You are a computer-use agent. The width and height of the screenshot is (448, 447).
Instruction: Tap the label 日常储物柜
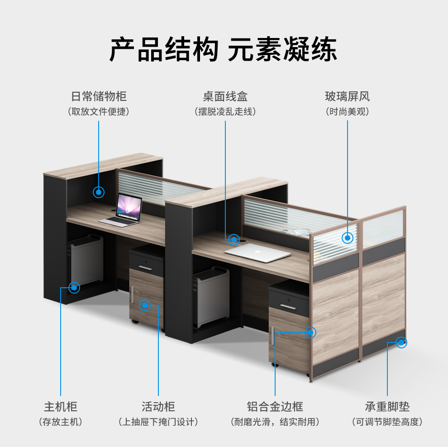click(x=99, y=96)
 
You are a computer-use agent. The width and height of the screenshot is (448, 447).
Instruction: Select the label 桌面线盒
click(x=225, y=96)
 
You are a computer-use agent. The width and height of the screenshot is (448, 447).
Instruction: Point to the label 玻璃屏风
click(x=347, y=96)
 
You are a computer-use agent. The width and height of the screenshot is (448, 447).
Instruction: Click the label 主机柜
click(x=61, y=406)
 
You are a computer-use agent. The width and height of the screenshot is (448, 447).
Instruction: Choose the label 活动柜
click(x=158, y=406)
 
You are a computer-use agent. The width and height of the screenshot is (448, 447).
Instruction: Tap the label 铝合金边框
click(x=275, y=406)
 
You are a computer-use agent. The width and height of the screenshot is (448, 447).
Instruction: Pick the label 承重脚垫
click(x=387, y=406)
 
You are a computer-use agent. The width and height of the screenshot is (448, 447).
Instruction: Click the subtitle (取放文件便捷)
click(x=99, y=111)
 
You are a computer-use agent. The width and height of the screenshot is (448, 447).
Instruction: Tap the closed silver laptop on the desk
click(x=258, y=252)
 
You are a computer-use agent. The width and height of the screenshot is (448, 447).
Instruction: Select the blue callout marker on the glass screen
click(x=348, y=238)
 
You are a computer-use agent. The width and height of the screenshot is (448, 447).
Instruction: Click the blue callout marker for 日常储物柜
click(x=99, y=192)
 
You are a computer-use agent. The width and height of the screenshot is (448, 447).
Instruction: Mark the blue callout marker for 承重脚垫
click(x=400, y=342)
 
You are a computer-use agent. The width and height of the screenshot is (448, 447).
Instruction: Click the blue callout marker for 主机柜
click(x=74, y=287)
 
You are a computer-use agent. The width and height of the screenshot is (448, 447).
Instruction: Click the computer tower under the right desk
click(x=211, y=296)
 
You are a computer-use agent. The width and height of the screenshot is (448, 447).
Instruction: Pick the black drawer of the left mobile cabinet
click(x=146, y=264)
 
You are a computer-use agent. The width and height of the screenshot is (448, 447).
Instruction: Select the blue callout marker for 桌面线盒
click(x=234, y=239)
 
